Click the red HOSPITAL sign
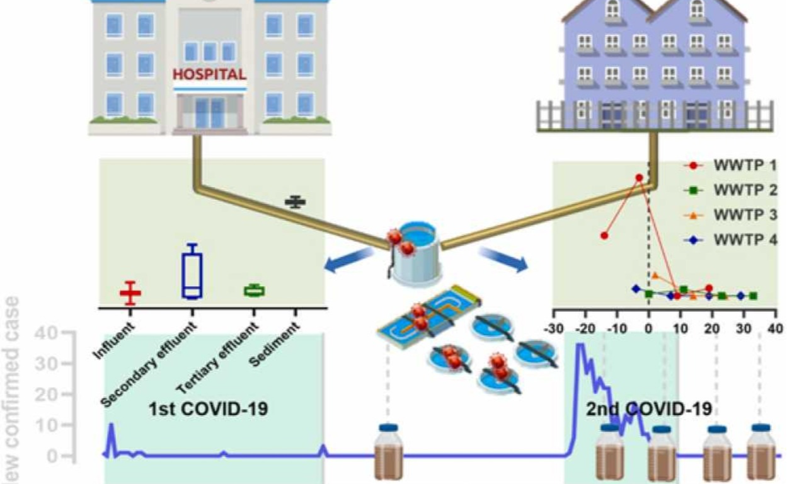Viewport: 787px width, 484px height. [209, 74]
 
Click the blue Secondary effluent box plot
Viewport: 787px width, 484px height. [192, 273]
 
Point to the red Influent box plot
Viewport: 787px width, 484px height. [130, 292]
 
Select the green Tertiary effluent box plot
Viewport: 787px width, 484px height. [255, 290]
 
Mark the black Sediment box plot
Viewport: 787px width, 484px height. [295, 202]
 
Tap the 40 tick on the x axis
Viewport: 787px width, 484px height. [775, 329]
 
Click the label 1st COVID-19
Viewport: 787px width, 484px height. [208, 408]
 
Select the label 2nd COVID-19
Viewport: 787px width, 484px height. [649, 408]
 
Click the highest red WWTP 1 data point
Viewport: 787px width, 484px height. [639, 178]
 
